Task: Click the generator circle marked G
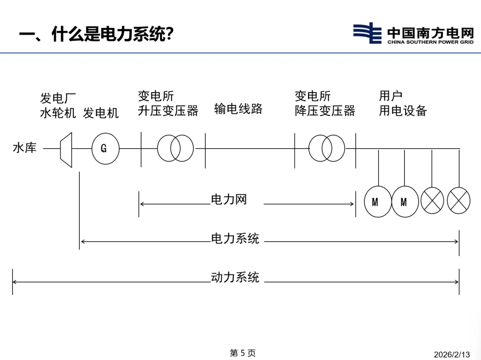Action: (106, 149)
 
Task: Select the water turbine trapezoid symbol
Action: (66, 150)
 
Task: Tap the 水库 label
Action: (24, 148)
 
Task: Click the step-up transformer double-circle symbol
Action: (175, 148)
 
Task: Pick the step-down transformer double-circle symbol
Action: (327, 148)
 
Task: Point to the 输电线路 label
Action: (238, 109)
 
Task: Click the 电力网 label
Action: (229, 199)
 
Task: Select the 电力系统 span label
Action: (235, 239)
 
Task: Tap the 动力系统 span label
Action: (235, 278)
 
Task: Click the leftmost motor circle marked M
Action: (378, 202)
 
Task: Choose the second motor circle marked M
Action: (405, 202)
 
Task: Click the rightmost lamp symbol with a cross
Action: (459, 201)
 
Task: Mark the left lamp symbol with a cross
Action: (432, 201)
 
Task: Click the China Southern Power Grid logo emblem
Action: (367, 33)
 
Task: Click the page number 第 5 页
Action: (242, 353)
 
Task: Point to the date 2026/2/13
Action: (452, 355)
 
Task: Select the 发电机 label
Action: (101, 113)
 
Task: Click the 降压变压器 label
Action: (325, 111)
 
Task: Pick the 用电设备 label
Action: (403, 111)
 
